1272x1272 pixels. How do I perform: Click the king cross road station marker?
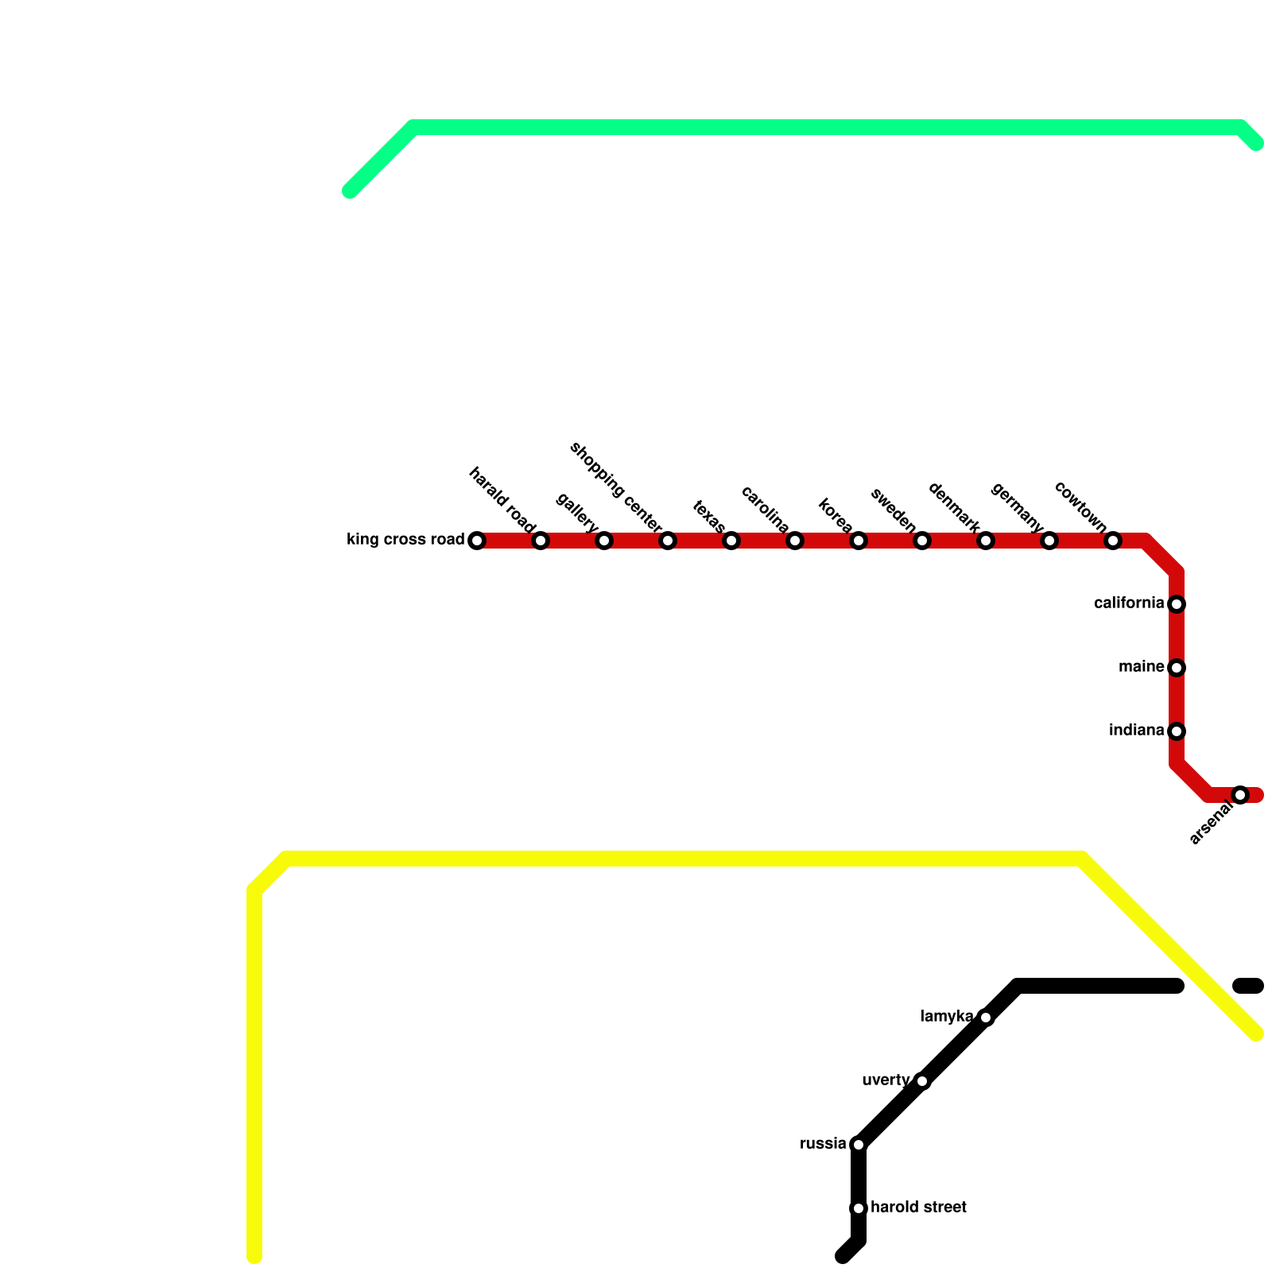477,541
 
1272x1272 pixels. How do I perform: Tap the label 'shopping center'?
616,488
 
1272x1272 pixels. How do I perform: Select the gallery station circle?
604,541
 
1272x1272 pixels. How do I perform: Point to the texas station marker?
731,541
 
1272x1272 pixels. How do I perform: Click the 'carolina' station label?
765,510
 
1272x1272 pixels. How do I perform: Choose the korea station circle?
859,541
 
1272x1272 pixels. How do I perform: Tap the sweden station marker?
922,541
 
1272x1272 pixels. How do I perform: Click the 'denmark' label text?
954,507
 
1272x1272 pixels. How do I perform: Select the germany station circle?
1049,541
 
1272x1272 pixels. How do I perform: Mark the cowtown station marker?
1113,541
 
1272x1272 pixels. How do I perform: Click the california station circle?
1177,604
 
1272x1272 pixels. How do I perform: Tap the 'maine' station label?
1141,667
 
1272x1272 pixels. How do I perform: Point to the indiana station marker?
1177,731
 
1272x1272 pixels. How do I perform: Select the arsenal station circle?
1240,795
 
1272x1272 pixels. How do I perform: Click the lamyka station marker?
986,1018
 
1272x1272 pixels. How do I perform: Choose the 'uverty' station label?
886,1080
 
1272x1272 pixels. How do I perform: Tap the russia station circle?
859,1145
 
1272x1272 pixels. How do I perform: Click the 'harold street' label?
918,1208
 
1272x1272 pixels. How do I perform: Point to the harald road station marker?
541,541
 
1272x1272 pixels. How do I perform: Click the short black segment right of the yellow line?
1248,987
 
